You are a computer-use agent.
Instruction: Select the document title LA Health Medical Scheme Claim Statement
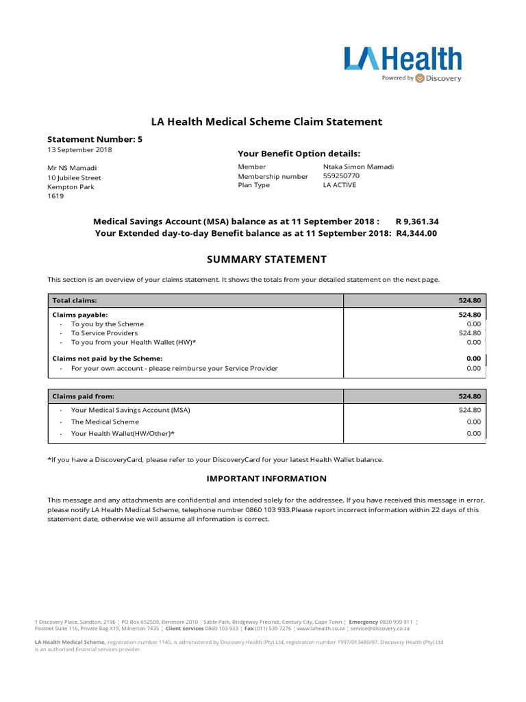[262, 121]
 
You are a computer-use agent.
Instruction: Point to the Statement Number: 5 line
[95, 139]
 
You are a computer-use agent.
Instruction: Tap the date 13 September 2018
[79, 149]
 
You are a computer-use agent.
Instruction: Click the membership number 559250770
[340, 175]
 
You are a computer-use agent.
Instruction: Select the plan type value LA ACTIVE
[339, 185]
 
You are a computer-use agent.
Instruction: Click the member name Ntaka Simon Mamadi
[358, 167]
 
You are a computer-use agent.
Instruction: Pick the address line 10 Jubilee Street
[74, 178]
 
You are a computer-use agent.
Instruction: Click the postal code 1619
[55, 195]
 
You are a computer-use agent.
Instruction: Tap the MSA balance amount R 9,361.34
[417, 221]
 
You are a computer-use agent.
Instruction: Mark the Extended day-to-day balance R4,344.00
[416, 233]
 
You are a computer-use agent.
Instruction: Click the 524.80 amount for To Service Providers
[469, 332]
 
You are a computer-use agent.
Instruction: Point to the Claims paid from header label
[83, 396]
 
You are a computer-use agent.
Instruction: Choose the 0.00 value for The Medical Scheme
[473, 422]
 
